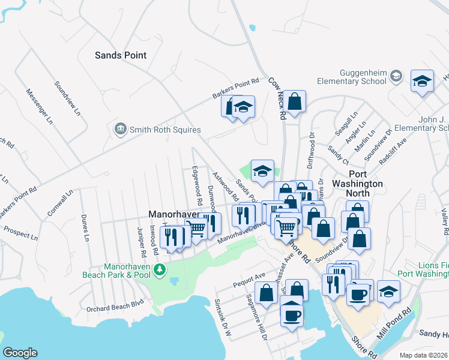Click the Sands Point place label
[x=121, y=55]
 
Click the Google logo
[x=20, y=353]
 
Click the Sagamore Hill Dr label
[x=255, y=318]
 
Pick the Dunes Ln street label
[x=86, y=229]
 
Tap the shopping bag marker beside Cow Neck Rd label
[x=294, y=101]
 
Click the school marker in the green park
[x=262, y=171]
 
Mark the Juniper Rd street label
[x=140, y=238]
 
